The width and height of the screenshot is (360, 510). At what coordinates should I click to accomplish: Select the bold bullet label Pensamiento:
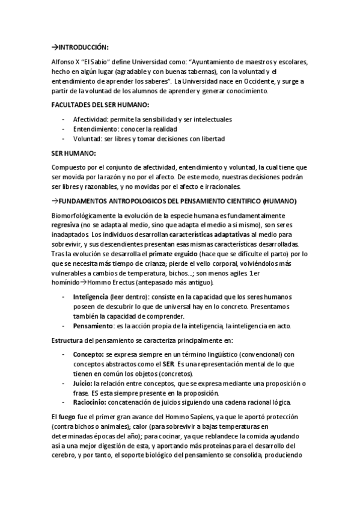(94, 326)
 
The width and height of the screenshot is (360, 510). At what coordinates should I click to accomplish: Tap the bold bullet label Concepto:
(88, 354)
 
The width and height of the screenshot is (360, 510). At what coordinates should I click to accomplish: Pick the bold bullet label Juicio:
(83, 383)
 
